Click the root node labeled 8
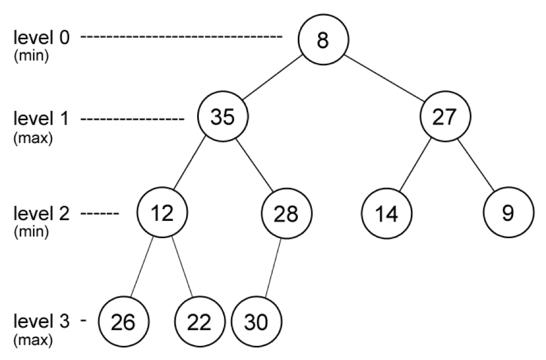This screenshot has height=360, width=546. [x=323, y=39]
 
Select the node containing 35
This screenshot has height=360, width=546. [x=223, y=117]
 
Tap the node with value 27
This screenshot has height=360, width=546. [x=445, y=117]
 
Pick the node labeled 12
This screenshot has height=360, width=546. [x=162, y=212]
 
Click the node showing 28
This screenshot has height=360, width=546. [x=287, y=213]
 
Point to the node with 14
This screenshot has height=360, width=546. [x=387, y=213]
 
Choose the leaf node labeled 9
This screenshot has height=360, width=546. [x=509, y=212]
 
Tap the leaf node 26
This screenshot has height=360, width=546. [x=124, y=321]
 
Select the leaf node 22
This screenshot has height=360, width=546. [x=200, y=321]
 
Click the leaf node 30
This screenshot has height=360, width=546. [x=257, y=321]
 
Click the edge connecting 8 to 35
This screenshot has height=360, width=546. [x=272, y=78]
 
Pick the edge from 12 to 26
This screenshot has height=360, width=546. [x=142, y=267]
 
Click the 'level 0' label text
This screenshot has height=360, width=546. [x=41, y=37]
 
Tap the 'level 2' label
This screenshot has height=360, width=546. [x=41, y=213]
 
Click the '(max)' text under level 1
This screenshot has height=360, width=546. [x=33, y=138]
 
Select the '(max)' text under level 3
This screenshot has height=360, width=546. [x=33, y=340]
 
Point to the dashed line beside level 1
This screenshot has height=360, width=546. [x=132, y=119]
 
